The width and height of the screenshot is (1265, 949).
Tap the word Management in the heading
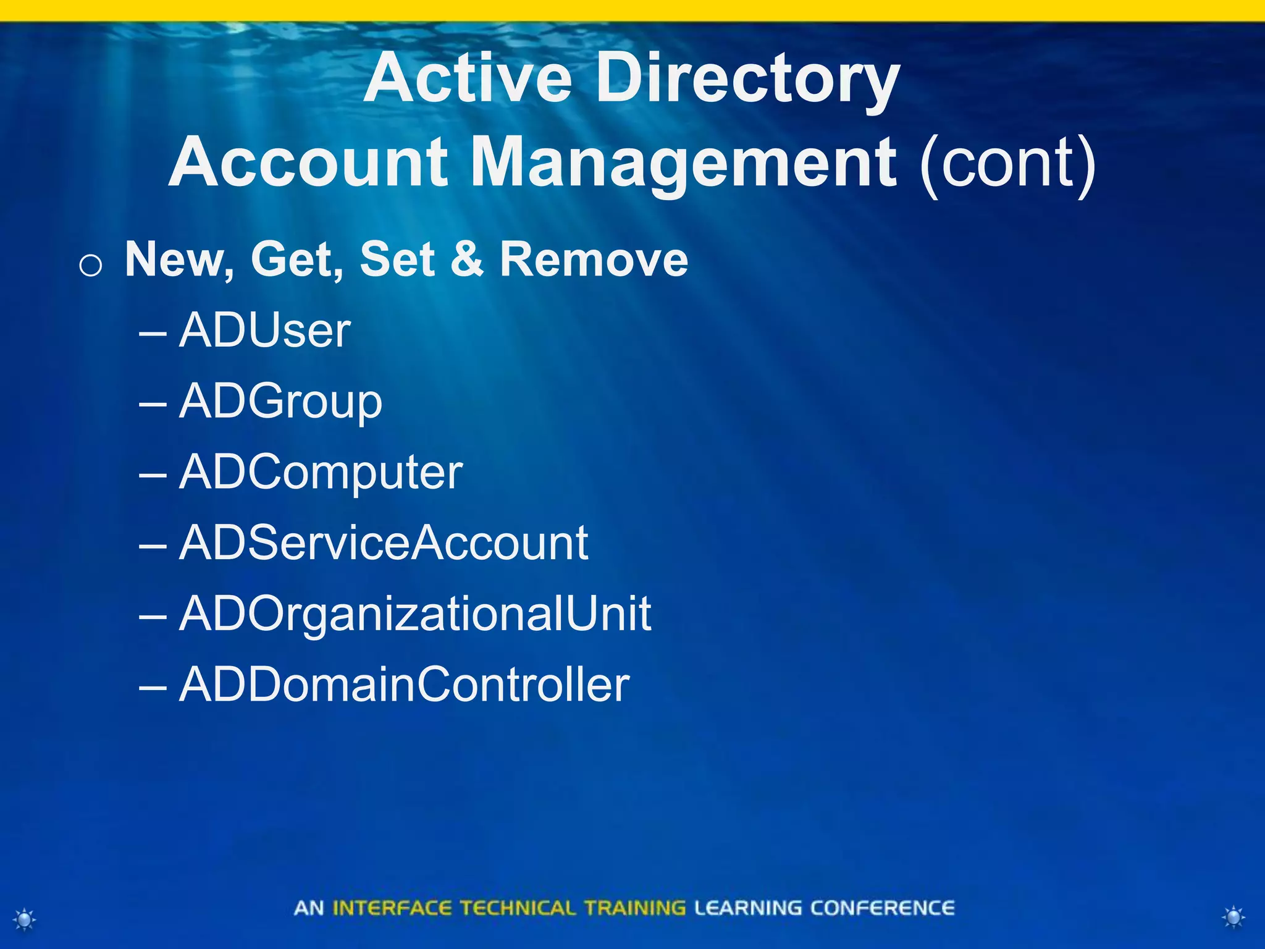click(684, 164)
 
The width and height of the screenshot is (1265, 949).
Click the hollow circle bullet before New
click(91, 266)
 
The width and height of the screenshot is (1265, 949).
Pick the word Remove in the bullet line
click(594, 259)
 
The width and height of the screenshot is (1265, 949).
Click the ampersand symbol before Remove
click(467, 259)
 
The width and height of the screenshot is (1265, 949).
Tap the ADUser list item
click(264, 331)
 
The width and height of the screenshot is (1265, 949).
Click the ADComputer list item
click(321, 473)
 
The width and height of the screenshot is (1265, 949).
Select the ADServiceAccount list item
click(384, 544)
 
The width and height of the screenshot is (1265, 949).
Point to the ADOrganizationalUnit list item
click(415, 615)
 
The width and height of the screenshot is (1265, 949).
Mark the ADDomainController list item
click(404, 685)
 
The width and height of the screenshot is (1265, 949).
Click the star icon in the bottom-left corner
click(25, 919)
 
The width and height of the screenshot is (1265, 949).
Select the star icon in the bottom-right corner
click(1233, 917)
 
